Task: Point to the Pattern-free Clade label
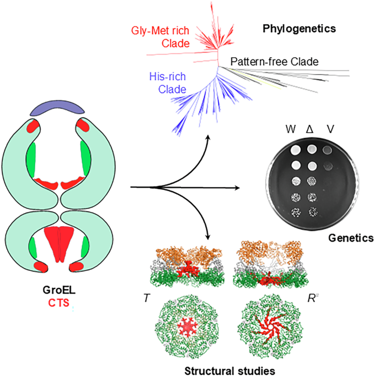coord(274,61)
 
